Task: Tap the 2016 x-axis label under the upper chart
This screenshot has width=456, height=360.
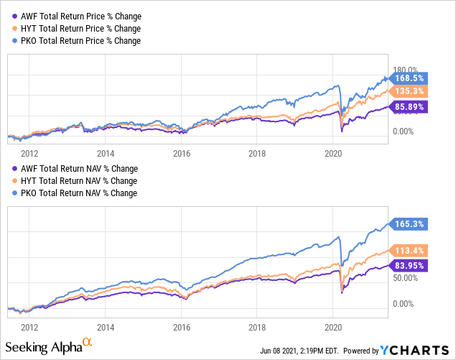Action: [x=182, y=153]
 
